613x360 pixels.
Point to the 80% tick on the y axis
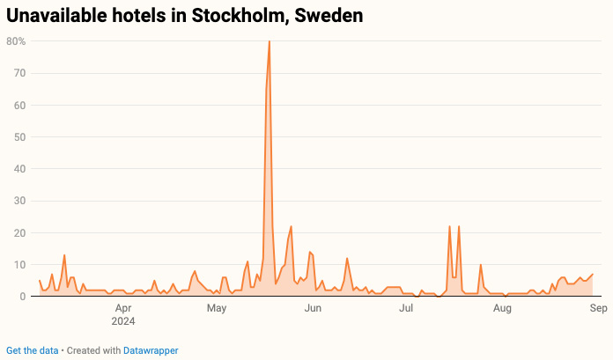(x=15, y=41)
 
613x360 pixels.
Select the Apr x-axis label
(x=123, y=309)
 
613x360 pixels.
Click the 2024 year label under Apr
(x=124, y=321)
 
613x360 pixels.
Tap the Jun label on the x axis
(x=313, y=309)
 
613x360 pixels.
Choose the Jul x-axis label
(x=406, y=309)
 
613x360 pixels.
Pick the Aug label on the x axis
(x=502, y=309)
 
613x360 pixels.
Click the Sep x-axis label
(x=597, y=309)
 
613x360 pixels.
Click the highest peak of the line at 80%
(x=269, y=41)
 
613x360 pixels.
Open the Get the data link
(x=33, y=350)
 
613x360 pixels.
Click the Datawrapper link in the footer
(x=151, y=350)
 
